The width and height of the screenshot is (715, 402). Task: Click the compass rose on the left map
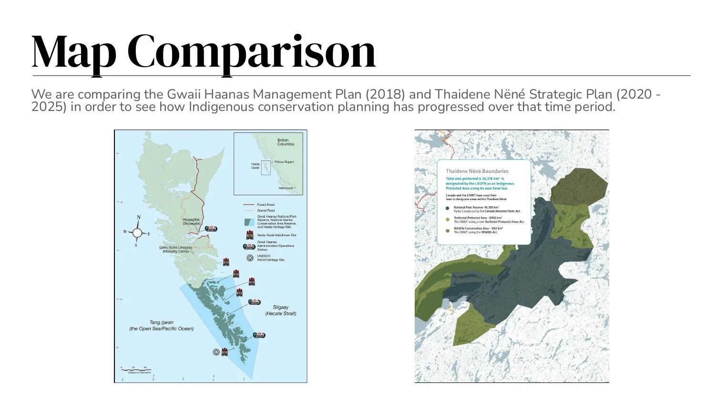tap(137, 232)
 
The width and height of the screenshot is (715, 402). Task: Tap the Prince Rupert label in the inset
tap(284, 162)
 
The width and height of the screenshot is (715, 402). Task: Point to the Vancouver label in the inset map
tap(286, 188)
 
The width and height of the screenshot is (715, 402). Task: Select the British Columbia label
tap(286, 142)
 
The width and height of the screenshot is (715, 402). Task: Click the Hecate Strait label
tap(281, 311)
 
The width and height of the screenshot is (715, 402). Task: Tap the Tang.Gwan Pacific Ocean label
tap(161, 325)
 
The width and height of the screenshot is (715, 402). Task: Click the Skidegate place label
tap(191, 221)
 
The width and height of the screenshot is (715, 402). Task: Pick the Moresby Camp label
tap(175, 249)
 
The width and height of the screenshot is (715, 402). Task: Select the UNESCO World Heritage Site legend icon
tap(249, 258)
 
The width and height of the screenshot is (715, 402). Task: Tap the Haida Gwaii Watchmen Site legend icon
tap(249, 235)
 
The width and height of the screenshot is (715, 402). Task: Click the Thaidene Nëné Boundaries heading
tap(477, 171)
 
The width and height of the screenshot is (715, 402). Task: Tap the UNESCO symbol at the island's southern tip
tap(216, 352)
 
